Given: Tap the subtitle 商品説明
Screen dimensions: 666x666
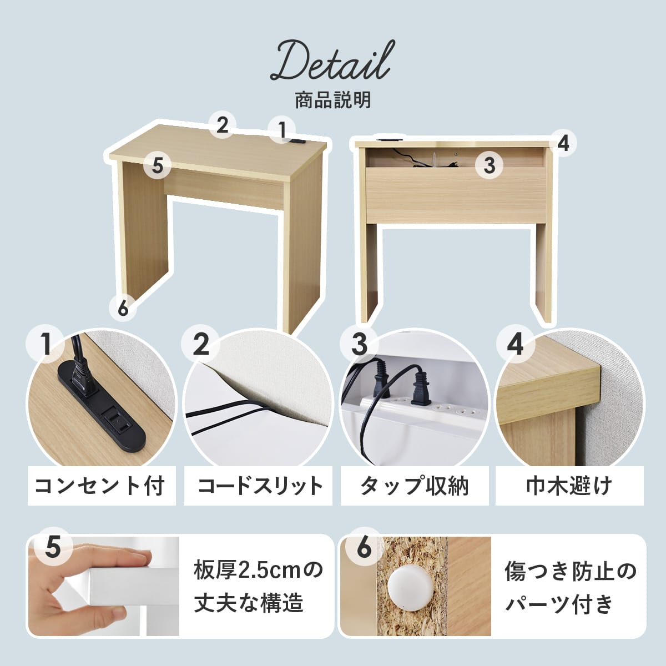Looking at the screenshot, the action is pos(333,100).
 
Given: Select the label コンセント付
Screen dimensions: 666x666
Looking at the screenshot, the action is pos(100,486).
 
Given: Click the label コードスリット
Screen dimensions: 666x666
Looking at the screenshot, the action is pos(260,486).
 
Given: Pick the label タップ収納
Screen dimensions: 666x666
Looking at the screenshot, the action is pos(414,486).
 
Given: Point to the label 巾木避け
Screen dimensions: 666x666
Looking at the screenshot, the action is pos(569,486).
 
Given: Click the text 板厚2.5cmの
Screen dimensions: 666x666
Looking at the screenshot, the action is pos(258,571).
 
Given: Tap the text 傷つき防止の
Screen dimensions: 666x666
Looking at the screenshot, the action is pos(571,571).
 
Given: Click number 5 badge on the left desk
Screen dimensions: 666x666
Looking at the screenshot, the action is pos(158,165).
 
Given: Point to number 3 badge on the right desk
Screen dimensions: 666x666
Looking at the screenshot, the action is pos(490,165).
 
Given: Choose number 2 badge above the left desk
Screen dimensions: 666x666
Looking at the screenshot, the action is pos(222,125).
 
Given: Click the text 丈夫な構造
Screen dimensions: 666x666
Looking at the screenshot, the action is pos(249,603).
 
